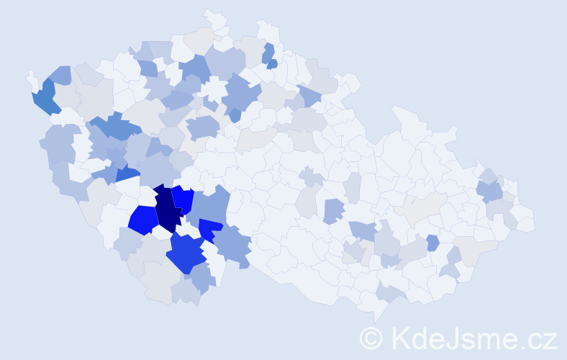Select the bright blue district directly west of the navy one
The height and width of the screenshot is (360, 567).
coord(143,220)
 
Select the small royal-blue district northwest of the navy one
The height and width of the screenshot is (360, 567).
coord(127,174)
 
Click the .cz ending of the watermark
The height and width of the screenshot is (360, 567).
coord(540,338)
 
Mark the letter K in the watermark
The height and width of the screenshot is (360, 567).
coord(400,338)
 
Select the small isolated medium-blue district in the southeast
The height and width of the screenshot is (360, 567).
coord(432,243)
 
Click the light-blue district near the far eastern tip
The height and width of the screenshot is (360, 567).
coord(491,190)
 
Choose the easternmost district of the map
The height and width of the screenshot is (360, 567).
coord(525,220)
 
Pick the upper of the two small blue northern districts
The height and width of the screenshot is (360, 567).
coord(268,53)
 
